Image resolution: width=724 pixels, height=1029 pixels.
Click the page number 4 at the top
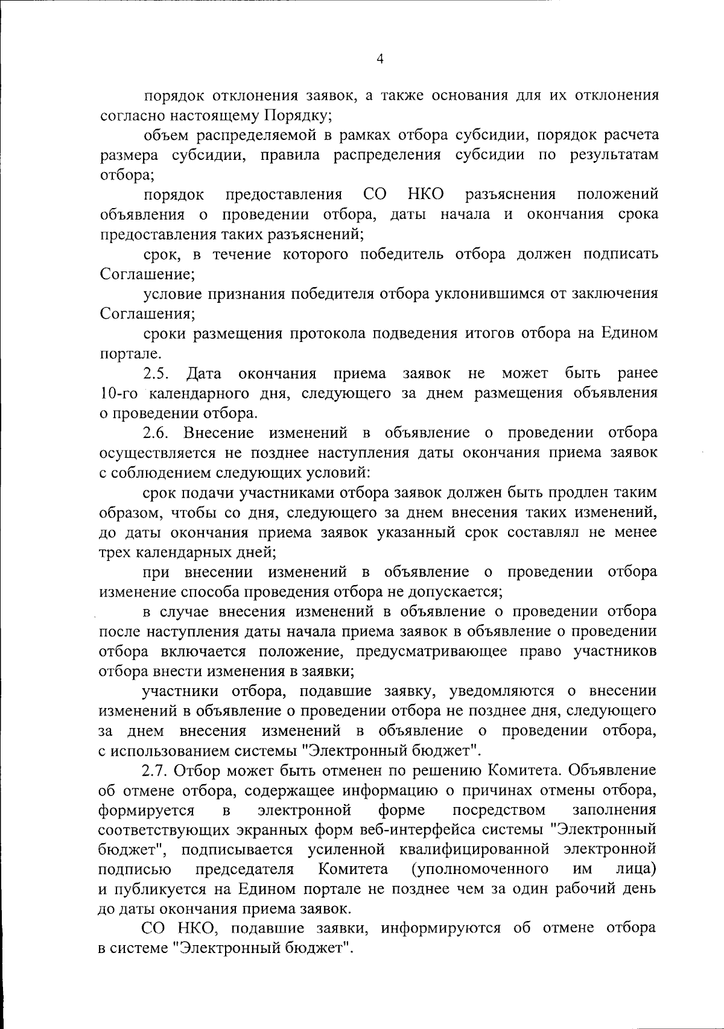pos(379,59)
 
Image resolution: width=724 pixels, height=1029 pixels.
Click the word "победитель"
pos(402,254)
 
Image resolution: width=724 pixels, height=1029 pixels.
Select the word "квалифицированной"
pos(474,849)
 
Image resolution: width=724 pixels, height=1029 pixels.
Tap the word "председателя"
pos(245,869)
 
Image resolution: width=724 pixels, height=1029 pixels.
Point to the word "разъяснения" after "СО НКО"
pos(510,194)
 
